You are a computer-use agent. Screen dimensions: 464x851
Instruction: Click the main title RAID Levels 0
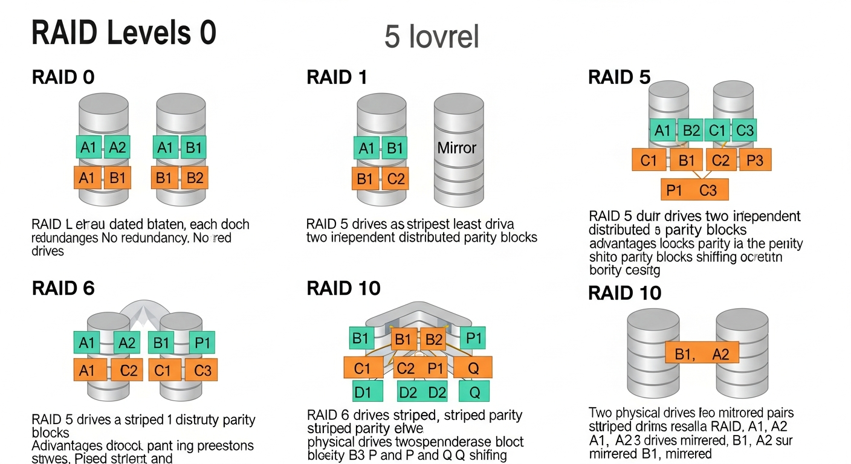[x=123, y=33]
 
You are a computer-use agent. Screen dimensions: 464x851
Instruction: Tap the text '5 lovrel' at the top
[x=432, y=37]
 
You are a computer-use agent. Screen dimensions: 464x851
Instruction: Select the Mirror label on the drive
[x=457, y=147]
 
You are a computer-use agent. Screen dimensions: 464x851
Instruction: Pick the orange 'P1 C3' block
[x=694, y=190]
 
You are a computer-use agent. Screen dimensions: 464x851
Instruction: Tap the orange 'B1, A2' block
[x=702, y=354]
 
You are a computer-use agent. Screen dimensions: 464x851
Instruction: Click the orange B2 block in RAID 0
[x=194, y=178]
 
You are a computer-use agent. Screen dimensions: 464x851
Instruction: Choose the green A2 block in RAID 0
[x=117, y=147]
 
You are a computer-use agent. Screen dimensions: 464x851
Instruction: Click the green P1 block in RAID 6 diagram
[x=202, y=343]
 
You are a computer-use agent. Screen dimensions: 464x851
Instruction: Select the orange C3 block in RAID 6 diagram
[x=202, y=369]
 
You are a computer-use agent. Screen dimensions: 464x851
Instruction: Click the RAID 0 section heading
[x=63, y=77]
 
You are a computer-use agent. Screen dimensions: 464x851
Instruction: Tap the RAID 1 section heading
[x=337, y=77]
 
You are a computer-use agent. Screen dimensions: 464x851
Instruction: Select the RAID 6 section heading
[x=63, y=288]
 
